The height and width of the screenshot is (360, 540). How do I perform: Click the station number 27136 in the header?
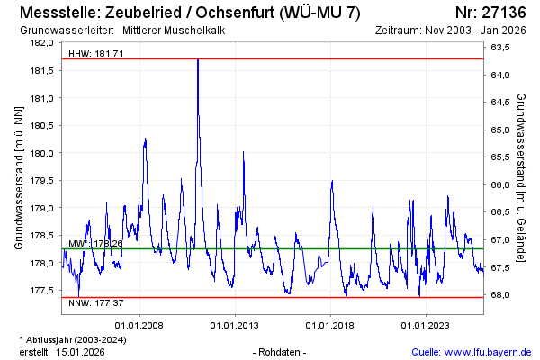[x=504, y=13]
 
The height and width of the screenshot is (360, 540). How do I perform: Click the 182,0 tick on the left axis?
[x=42, y=43]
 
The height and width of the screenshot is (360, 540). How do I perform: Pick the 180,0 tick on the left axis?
[x=42, y=153]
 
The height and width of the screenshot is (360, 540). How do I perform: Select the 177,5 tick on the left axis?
[x=42, y=291]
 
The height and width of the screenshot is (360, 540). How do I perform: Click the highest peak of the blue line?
[x=198, y=59]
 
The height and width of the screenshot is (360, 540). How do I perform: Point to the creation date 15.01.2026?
[x=81, y=352]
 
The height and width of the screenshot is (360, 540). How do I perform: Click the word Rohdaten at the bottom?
[x=281, y=352]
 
